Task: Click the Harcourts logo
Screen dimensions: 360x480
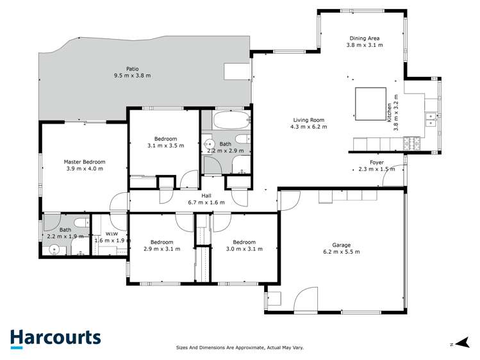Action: pos(55,338)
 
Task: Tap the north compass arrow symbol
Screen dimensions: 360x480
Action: pos(460,344)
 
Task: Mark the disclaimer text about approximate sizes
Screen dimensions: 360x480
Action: pos(240,348)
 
